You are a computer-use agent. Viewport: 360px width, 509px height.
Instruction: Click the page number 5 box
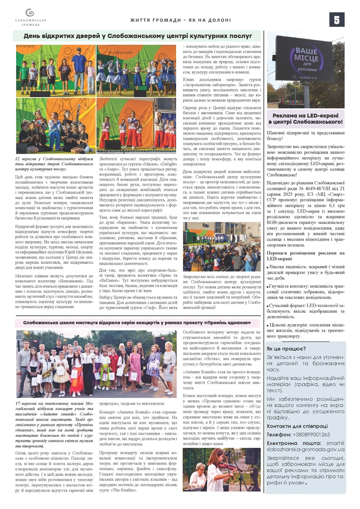[x=337, y=20]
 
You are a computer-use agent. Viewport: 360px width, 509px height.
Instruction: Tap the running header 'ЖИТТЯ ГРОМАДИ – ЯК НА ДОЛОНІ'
[x=180, y=20]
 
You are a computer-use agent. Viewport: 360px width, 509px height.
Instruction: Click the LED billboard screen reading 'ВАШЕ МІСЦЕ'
[x=304, y=60]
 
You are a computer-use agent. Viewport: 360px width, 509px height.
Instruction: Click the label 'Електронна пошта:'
[x=292, y=443]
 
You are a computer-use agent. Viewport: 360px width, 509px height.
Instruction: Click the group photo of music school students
[x=96, y=365]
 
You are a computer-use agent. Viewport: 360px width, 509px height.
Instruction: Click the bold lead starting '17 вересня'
[x=55, y=416]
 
